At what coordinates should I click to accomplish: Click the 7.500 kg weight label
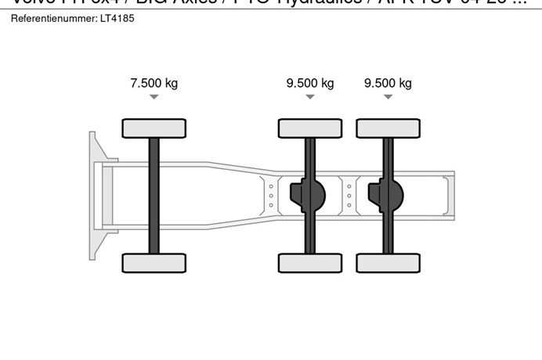click(x=154, y=83)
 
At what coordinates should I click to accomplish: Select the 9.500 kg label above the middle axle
click(x=310, y=83)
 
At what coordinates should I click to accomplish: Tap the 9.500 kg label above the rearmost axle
click(x=388, y=83)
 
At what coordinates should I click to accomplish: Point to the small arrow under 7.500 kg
click(x=154, y=97)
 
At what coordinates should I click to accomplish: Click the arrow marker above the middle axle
click(x=310, y=97)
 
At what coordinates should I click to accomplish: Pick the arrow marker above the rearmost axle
click(x=388, y=97)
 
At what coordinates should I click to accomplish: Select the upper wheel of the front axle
click(x=154, y=128)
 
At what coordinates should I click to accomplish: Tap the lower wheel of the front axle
click(x=154, y=263)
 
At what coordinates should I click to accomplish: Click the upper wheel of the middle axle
click(x=310, y=128)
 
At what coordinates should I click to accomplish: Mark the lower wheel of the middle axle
click(x=310, y=263)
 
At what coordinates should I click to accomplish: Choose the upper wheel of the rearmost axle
click(x=388, y=128)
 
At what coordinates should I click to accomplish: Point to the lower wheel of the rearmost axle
click(x=388, y=263)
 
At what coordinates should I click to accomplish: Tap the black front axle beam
click(x=154, y=196)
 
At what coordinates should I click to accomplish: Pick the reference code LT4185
click(x=117, y=17)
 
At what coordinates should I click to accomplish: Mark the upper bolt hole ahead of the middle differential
click(x=271, y=186)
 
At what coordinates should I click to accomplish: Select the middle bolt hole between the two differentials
click(x=349, y=196)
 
